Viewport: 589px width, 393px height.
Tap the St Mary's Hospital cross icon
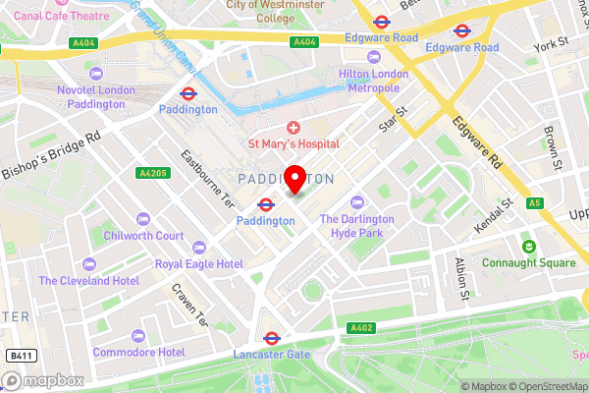(x=294, y=128)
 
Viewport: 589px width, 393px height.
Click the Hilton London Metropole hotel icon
(x=369, y=72)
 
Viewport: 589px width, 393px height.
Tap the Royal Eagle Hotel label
(x=198, y=264)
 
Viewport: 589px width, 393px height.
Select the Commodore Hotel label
(x=138, y=351)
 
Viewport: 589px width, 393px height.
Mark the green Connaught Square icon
(x=528, y=245)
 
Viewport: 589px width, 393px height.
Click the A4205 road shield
(x=153, y=174)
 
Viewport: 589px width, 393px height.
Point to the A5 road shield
(x=561, y=203)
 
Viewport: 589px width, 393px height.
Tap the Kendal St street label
(x=494, y=218)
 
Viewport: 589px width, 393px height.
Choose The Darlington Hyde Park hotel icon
(x=357, y=201)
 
